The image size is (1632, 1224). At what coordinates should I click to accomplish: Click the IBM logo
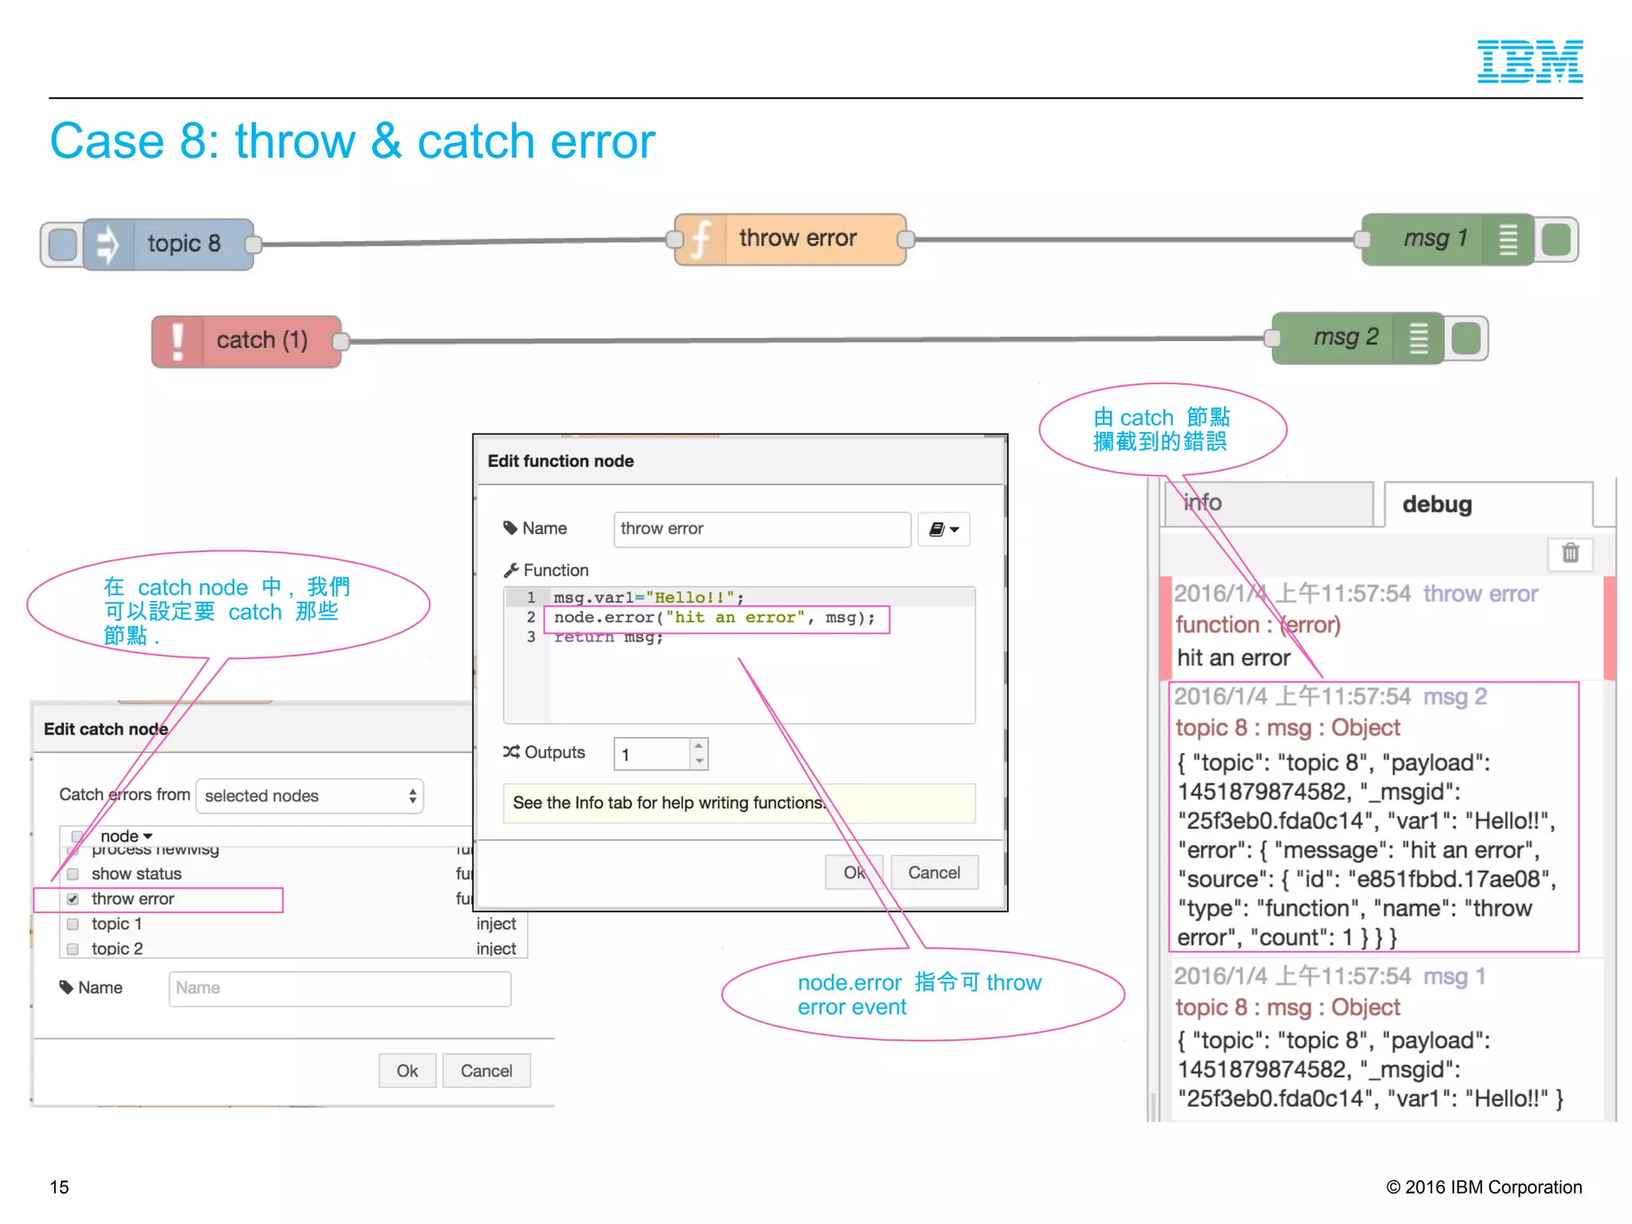point(1529,61)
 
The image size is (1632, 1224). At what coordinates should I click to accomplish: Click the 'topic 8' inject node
point(167,244)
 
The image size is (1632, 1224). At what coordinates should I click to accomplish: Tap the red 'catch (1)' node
point(247,341)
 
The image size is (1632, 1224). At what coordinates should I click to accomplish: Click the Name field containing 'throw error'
point(762,529)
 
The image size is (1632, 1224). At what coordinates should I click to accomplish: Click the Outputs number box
point(653,754)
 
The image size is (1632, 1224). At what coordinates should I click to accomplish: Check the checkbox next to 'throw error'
point(73,899)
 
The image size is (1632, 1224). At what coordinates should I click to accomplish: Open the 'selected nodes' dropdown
point(309,796)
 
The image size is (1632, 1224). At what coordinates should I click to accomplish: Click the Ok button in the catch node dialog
point(407,1071)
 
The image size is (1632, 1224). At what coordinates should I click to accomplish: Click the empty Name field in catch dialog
point(339,988)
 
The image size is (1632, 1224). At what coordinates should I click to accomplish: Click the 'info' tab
point(1268,504)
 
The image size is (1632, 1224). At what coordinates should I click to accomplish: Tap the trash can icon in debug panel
point(1570,553)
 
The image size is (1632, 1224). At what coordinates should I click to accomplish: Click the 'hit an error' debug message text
point(1234,657)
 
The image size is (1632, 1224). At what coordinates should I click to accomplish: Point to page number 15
point(60,1187)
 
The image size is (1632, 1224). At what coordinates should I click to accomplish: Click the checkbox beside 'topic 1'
point(73,924)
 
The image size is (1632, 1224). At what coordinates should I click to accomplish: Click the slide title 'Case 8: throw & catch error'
point(352,142)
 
